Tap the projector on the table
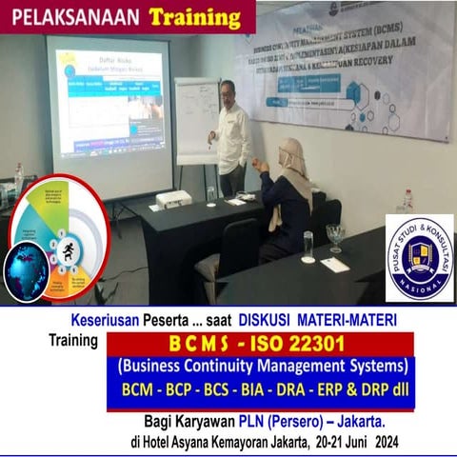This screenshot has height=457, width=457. pyautogui.click(x=173, y=199)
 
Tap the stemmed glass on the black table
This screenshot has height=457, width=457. pyautogui.click(x=334, y=236)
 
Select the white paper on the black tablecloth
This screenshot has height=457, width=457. pyautogui.click(x=334, y=264)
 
